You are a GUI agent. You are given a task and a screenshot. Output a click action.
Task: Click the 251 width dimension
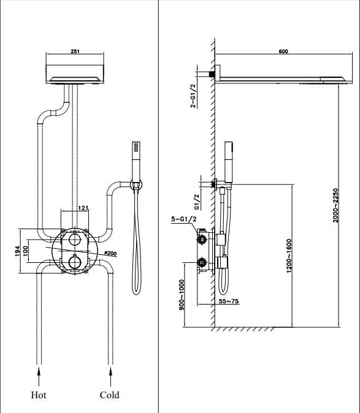[75, 52]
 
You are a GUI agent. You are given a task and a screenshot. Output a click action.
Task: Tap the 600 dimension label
[283, 52]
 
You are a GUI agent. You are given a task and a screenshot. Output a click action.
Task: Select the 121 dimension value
[83, 209]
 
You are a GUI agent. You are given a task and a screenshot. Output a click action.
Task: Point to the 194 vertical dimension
[18, 251]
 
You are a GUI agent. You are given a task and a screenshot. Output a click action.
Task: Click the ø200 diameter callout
[111, 252]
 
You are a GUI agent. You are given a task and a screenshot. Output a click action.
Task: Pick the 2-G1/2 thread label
[193, 96]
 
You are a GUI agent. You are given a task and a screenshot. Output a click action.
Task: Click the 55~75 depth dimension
[229, 301]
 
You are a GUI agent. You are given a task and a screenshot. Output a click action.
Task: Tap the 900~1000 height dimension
[182, 295]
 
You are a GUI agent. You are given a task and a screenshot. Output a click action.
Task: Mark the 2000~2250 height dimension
[335, 205]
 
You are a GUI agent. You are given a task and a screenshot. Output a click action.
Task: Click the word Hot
[38, 395]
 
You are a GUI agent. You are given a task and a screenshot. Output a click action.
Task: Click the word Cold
[109, 395]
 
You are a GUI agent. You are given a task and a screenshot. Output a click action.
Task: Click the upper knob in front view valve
[75, 240]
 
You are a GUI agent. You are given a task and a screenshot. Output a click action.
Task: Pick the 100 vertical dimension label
[26, 251]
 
